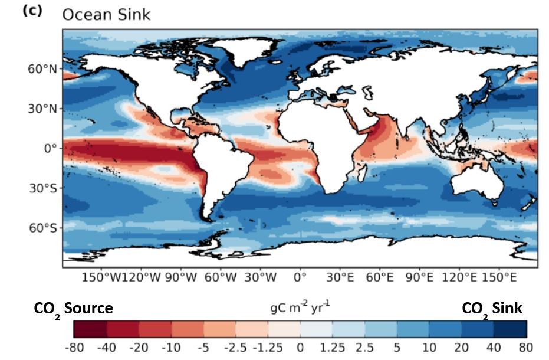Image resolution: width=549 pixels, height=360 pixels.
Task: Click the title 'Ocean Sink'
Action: point(106,14)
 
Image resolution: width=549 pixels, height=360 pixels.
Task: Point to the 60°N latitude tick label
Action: point(45,69)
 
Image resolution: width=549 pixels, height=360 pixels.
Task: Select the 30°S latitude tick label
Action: point(45,188)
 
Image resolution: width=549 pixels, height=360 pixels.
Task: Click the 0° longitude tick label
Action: point(300,277)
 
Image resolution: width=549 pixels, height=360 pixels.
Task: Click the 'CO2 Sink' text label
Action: point(492,308)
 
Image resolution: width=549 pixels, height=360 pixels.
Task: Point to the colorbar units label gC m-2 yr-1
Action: point(301,307)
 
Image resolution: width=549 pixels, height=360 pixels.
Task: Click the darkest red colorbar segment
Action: point(90,329)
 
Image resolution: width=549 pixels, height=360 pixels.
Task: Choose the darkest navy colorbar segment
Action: point(510,329)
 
